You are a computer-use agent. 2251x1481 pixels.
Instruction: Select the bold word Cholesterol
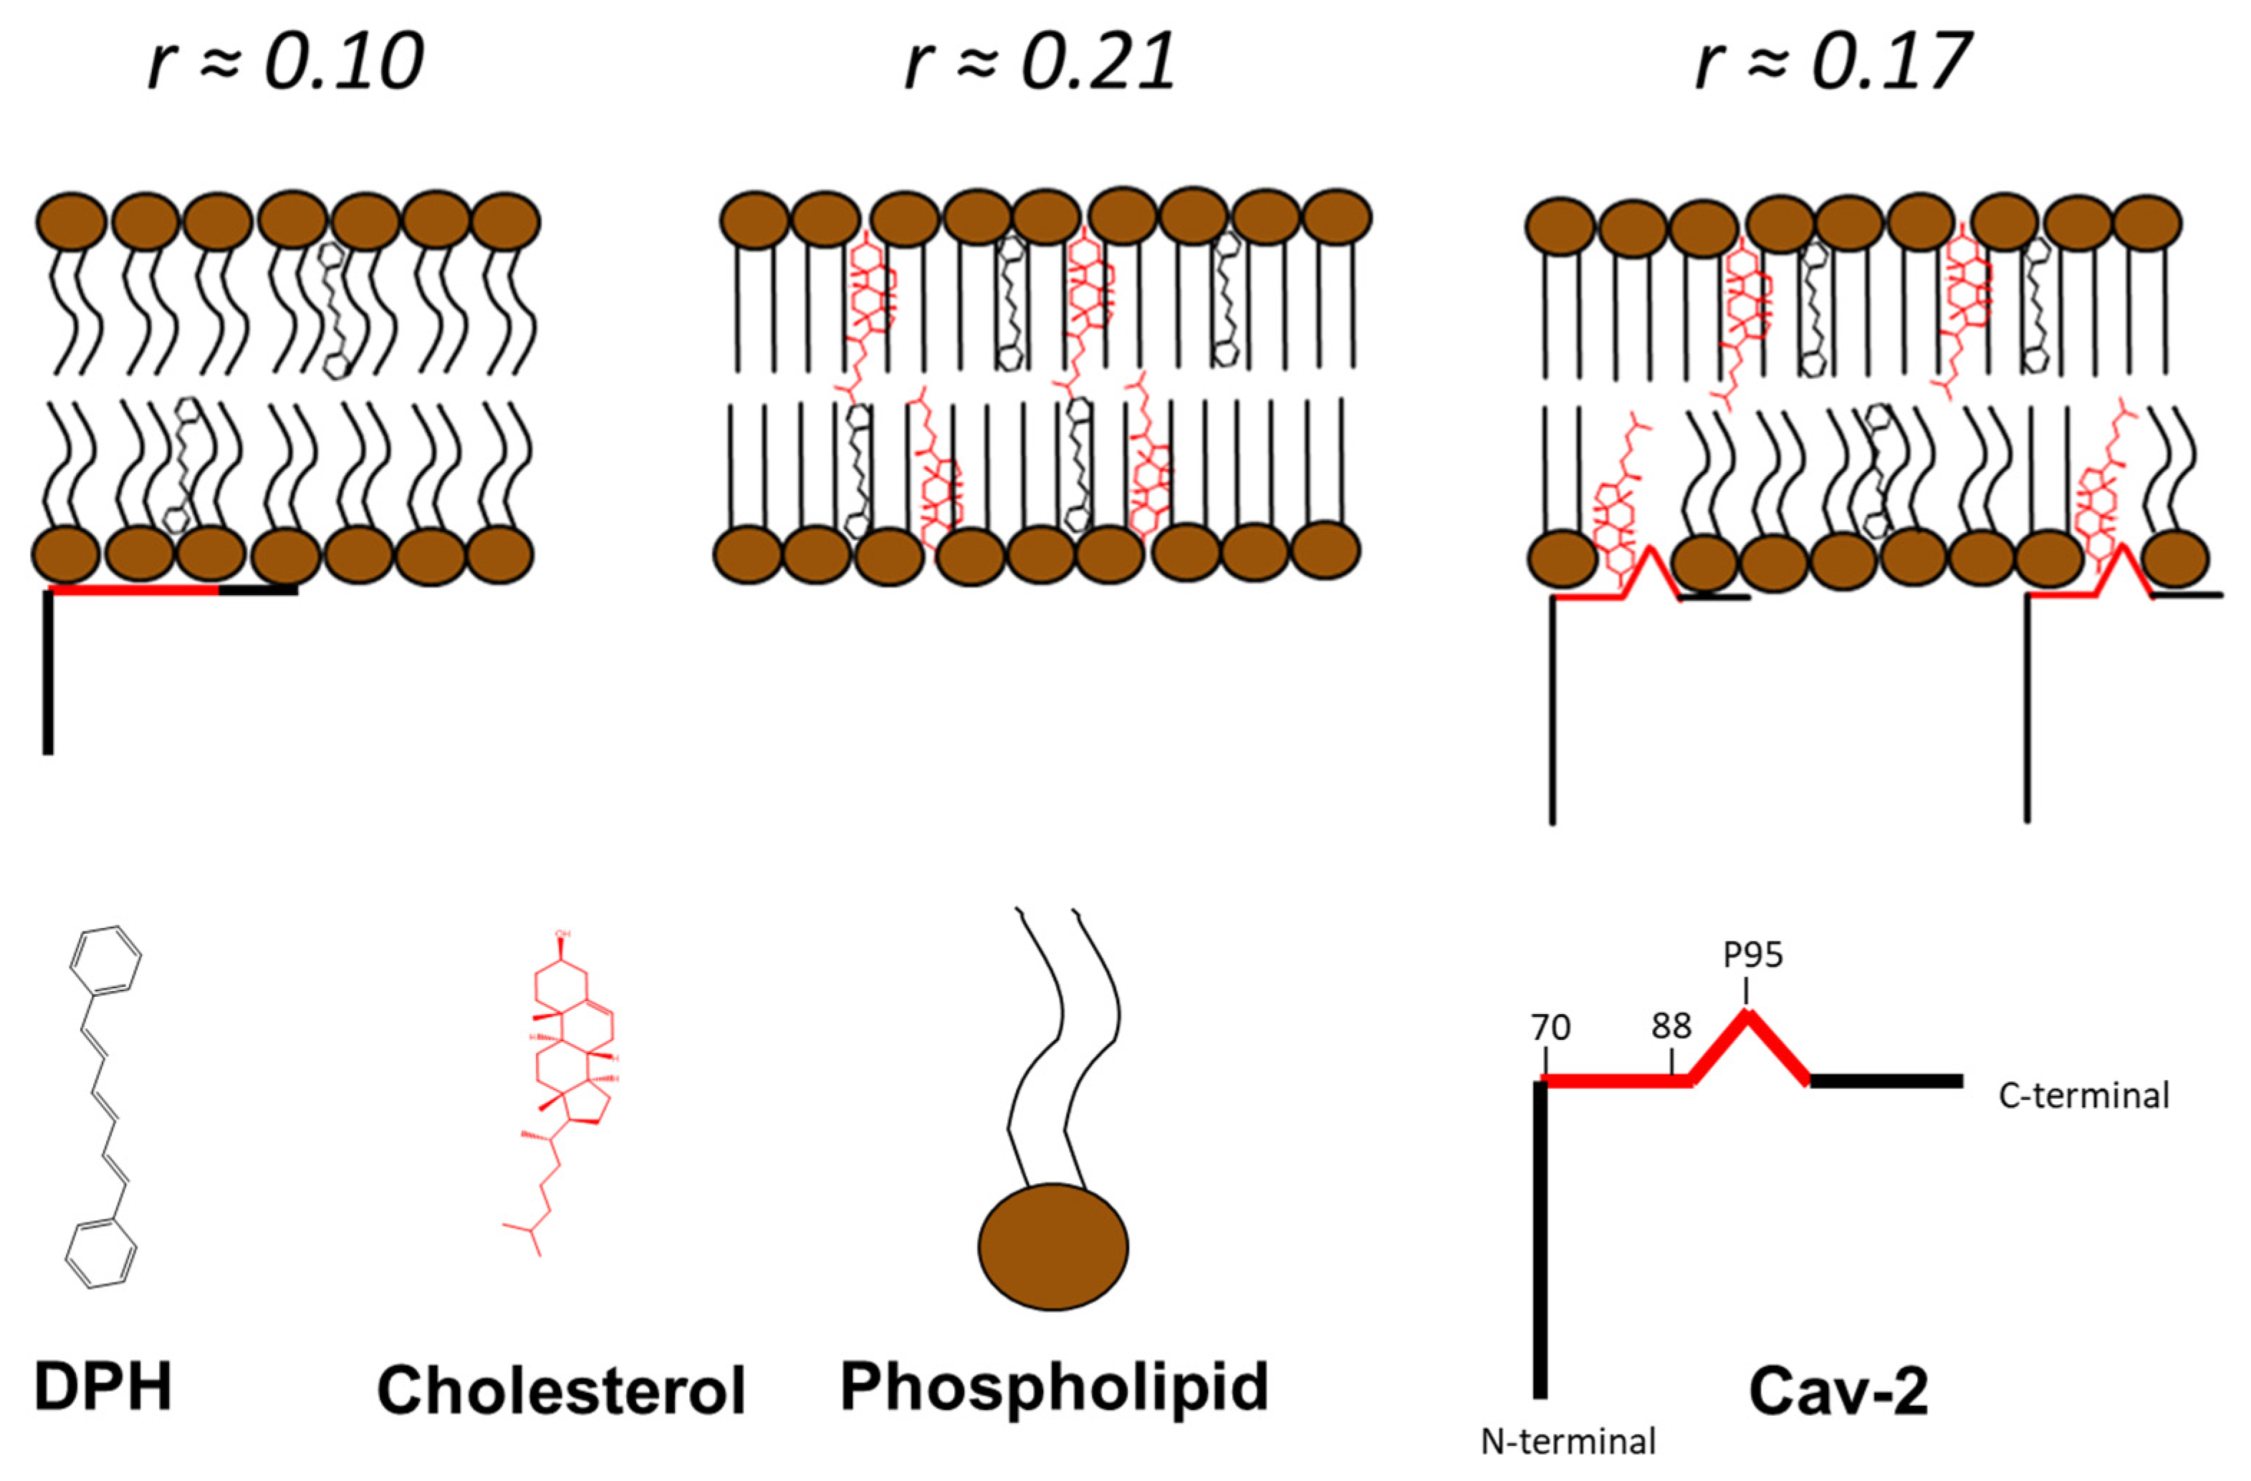pyautogui.click(x=562, y=1390)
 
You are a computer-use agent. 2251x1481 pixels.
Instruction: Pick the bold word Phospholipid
pyautogui.click(x=1054, y=1387)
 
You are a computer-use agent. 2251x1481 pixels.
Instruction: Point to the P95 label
pyautogui.click(x=1752, y=955)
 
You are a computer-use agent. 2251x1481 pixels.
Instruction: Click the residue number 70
pyautogui.click(x=1551, y=1028)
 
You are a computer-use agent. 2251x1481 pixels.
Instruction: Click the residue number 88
pyautogui.click(x=1671, y=1026)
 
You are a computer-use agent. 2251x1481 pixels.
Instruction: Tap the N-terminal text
pyautogui.click(x=1568, y=1442)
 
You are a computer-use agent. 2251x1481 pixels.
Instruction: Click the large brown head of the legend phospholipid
pyautogui.click(x=1052, y=1247)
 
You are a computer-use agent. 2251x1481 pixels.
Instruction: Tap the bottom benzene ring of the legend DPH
pyautogui.click(x=101, y=1254)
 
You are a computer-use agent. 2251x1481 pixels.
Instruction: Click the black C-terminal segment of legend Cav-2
pyautogui.click(x=1887, y=1081)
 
